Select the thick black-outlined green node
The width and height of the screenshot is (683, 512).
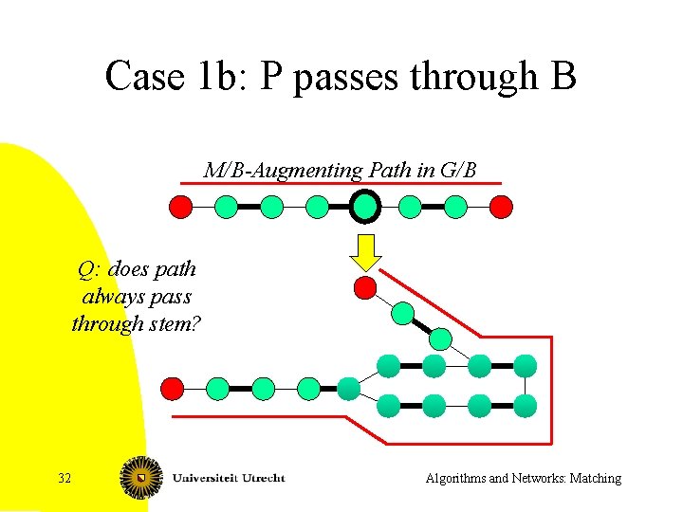coord(364,206)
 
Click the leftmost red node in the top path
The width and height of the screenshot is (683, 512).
coord(180,206)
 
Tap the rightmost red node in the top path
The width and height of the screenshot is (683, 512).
coord(502,206)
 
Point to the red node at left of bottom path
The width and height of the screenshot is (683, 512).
coord(172,388)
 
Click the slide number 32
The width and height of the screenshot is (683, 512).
coord(65,478)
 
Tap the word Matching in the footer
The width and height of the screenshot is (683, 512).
coord(592,478)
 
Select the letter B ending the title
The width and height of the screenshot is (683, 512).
coord(561,76)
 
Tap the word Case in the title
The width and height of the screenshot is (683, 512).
coord(138,76)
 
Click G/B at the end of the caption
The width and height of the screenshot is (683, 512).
coord(458,171)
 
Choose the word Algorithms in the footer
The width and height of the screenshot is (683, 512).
coord(455,478)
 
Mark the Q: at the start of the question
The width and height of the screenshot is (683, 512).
coord(90,269)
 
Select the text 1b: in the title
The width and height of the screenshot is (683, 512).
coord(214,76)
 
